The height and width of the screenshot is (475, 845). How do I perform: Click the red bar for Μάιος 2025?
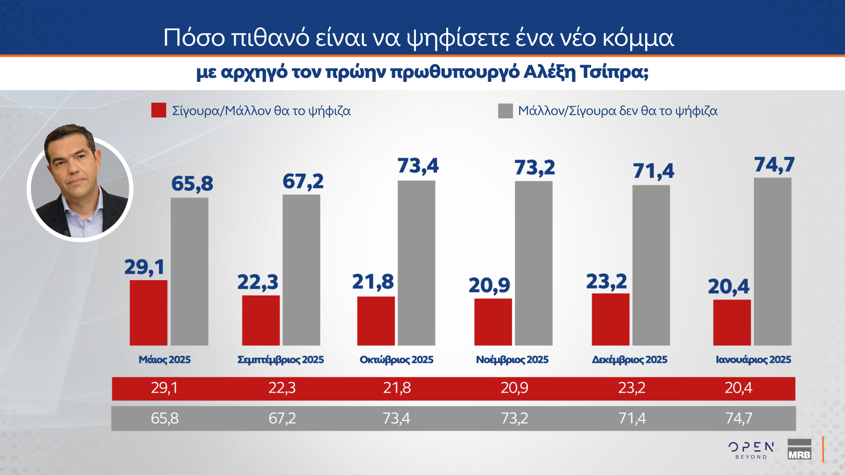pyautogui.click(x=148, y=313)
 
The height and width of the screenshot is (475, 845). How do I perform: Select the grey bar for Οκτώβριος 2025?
pyautogui.click(x=416, y=263)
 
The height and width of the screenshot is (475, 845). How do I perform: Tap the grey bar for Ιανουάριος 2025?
pyautogui.click(x=772, y=262)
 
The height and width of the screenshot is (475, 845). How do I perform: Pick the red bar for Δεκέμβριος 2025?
pyautogui.click(x=610, y=319)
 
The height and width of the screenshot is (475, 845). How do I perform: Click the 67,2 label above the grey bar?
pyautogui.click(x=303, y=182)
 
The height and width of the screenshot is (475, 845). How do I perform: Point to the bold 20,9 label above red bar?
pyautogui.click(x=489, y=285)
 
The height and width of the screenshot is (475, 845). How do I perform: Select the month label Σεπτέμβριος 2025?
pyautogui.click(x=280, y=360)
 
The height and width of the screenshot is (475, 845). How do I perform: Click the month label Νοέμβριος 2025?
pyautogui.click(x=512, y=360)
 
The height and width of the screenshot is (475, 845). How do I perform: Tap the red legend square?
pyautogui.click(x=158, y=110)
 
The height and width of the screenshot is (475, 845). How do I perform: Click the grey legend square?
pyautogui.click(x=505, y=111)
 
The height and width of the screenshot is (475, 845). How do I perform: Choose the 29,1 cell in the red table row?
pyautogui.click(x=164, y=388)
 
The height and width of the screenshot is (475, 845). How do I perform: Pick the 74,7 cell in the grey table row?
pyautogui.click(x=738, y=418)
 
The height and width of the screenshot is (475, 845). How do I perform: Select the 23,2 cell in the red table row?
pyautogui.click(x=632, y=388)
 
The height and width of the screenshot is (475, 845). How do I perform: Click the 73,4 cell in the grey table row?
pyautogui.click(x=396, y=418)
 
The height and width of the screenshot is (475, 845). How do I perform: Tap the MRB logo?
pyautogui.click(x=799, y=450)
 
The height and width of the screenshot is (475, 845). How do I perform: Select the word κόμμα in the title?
pyautogui.click(x=638, y=38)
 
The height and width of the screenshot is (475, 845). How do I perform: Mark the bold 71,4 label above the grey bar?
pyautogui.click(x=653, y=171)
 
